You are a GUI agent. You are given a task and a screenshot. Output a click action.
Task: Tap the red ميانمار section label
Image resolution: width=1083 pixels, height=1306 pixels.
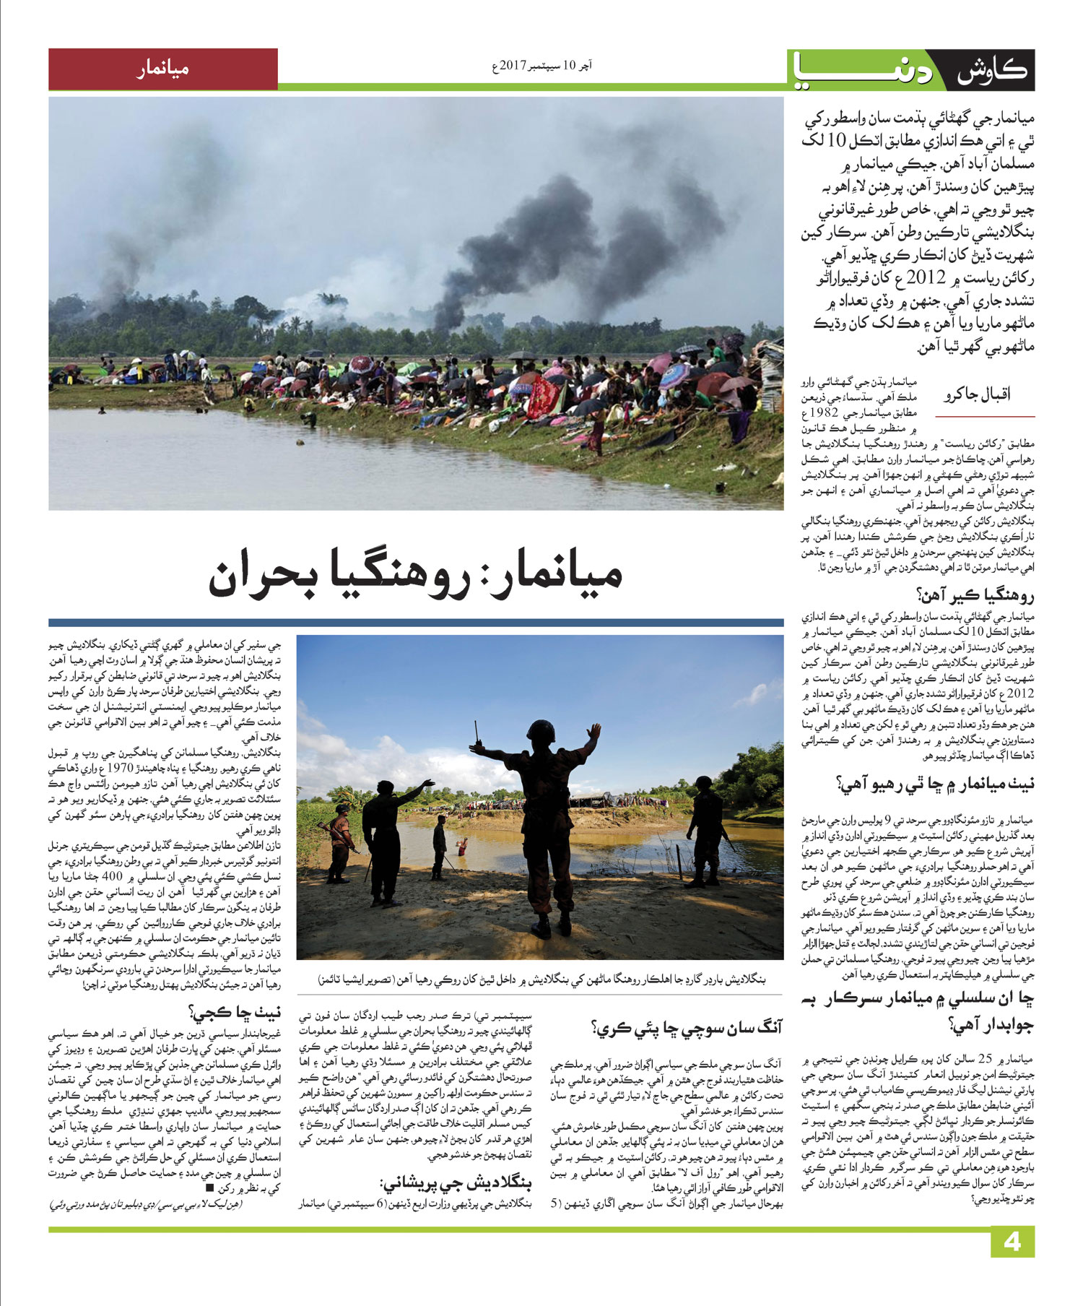(x=162, y=69)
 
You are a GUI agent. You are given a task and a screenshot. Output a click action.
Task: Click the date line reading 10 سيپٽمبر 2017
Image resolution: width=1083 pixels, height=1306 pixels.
(x=541, y=66)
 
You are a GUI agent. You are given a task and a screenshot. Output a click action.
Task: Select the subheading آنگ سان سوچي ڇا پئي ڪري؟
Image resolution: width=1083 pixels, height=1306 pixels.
(x=687, y=1026)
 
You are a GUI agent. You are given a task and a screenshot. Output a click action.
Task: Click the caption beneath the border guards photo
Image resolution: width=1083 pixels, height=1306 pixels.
(x=539, y=980)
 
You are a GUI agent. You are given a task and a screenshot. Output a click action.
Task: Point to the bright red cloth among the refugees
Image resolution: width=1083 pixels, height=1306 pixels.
(x=541, y=397)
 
